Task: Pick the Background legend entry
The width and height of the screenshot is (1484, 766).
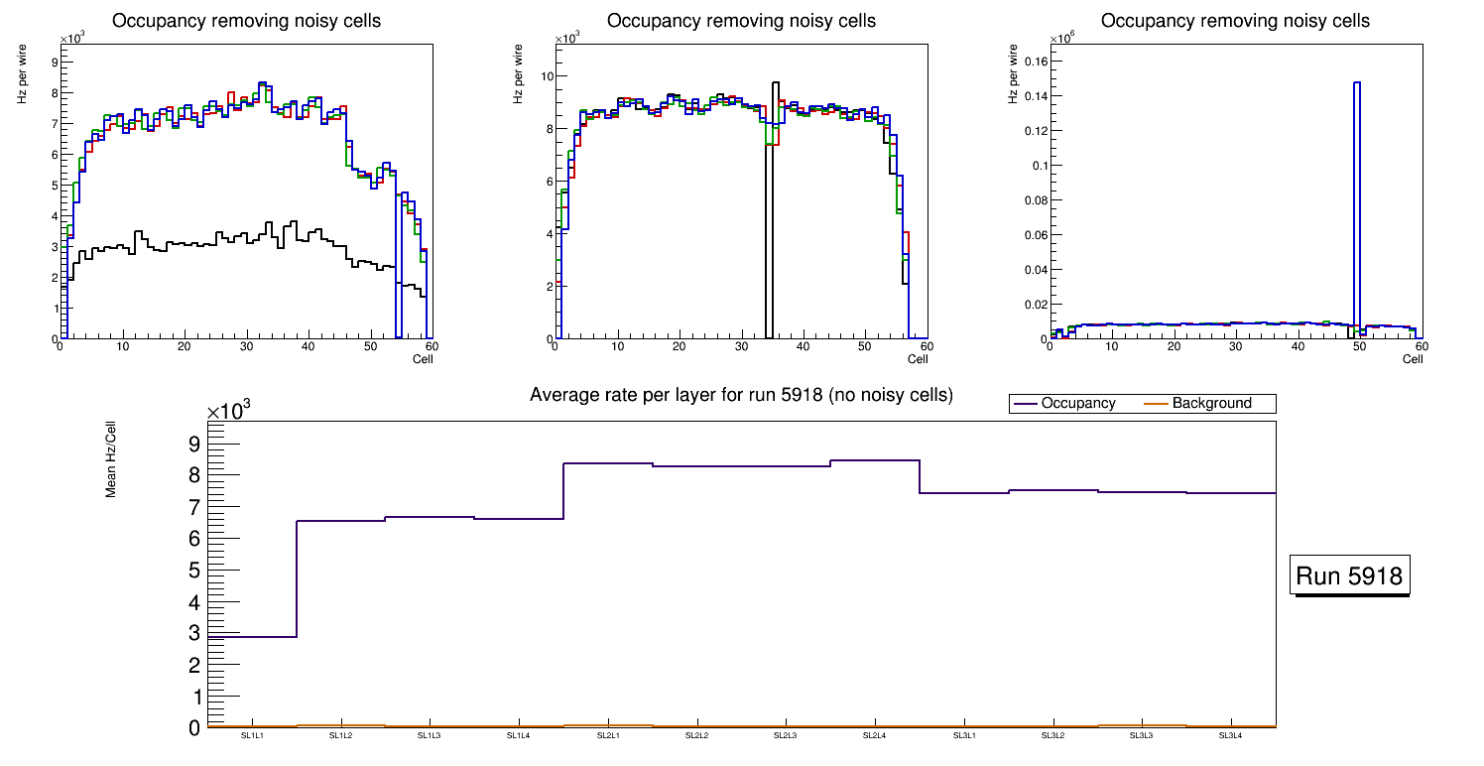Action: pos(1210,403)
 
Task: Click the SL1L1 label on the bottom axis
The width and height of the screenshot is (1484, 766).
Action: pos(252,735)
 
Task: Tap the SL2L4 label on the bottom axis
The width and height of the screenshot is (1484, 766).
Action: pos(874,735)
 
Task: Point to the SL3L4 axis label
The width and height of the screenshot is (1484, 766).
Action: pos(1230,735)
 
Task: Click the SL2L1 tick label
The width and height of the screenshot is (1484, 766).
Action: pos(607,735)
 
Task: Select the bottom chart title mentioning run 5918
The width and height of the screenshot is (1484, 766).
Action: pos(741,395)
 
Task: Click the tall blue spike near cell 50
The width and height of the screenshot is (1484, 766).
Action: pos(1356,198)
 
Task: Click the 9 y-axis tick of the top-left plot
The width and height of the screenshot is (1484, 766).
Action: pos(54,62)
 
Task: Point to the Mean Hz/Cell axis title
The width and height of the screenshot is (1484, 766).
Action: pos(112,458)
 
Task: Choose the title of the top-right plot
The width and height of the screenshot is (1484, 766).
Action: pos(1235,21)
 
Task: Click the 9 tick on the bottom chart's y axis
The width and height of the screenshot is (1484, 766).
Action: pos(194,444)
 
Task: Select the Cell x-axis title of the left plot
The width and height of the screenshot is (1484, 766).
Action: pos(423,359)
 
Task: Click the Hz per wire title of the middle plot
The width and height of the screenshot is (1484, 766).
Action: pos(518,76)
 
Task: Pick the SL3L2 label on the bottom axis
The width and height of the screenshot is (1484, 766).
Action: pos(1051,735)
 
